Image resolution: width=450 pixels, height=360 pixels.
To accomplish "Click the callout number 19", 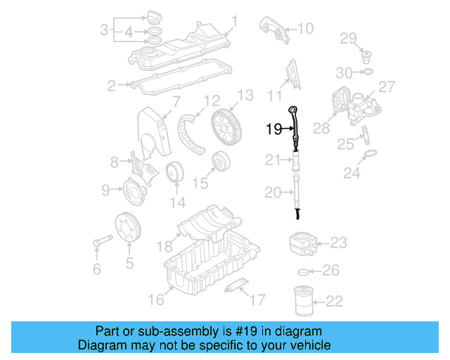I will click(273, 128).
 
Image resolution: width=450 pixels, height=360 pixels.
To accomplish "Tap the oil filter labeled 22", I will click(302, 300).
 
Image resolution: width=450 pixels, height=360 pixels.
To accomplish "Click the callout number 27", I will click(387, 86).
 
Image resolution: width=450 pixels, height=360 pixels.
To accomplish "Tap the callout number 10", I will click(304, 29).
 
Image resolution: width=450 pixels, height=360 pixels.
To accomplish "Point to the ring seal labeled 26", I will click(303, 271).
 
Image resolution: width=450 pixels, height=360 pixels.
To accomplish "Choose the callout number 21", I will click(273, 161).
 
